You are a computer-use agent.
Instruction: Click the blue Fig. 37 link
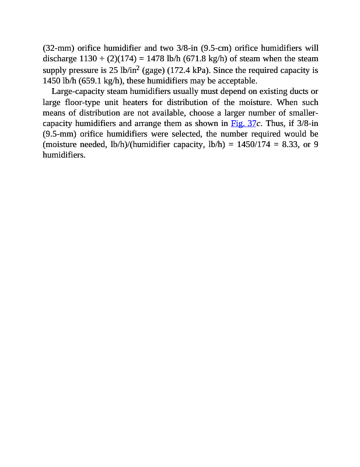[x=243, y=123]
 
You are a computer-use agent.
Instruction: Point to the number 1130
[x=88, y=58]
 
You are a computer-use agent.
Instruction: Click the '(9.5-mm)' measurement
[x=60, y=134]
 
